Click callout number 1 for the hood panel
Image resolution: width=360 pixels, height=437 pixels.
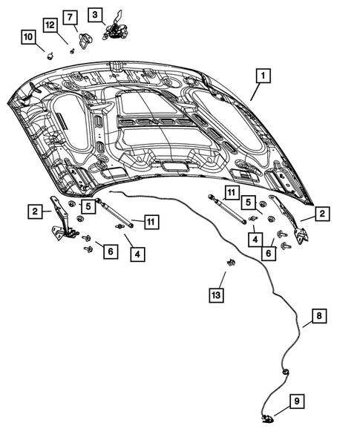tap(262, 76)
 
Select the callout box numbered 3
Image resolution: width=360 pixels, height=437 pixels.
tap(94, 14)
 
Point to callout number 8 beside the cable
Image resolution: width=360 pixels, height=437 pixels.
tap(317, 317)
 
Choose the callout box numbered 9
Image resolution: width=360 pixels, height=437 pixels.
tap(295, 402)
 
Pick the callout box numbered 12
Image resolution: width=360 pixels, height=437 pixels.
tap(50, 25)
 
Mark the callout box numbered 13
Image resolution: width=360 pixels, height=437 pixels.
tap(215, 296)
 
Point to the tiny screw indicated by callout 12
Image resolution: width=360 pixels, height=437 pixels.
tap(71, 50)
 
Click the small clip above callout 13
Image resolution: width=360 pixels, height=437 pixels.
tap(230, 263)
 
